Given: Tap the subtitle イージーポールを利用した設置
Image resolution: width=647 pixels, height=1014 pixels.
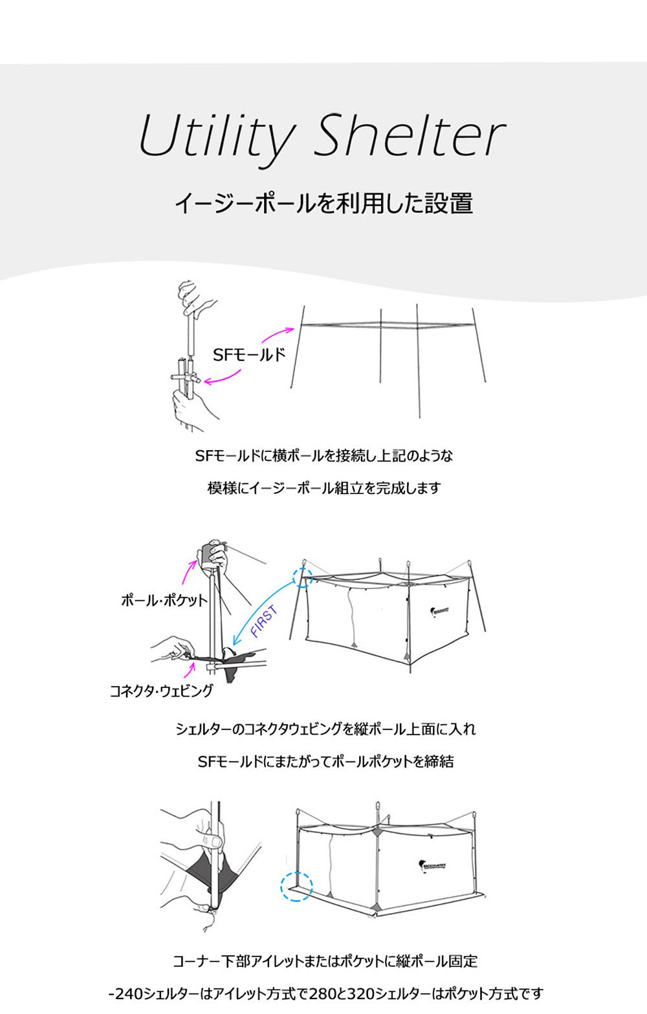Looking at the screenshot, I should pyautogui.click(x=323, y=203).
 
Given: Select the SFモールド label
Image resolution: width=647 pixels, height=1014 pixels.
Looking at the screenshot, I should pyautogui.click(x=249, y=354).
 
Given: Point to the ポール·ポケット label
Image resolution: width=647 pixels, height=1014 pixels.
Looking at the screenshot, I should pyautogui.click(x=164, y=600).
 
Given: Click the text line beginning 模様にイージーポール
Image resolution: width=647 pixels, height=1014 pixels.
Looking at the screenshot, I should pyautogui.click(x=323, y=488).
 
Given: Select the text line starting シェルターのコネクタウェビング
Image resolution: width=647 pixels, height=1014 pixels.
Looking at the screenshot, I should pyautogui.click(x=325, y=729).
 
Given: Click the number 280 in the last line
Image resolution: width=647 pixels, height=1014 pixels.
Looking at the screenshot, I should pyautogui.click(x=323, y=993).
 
